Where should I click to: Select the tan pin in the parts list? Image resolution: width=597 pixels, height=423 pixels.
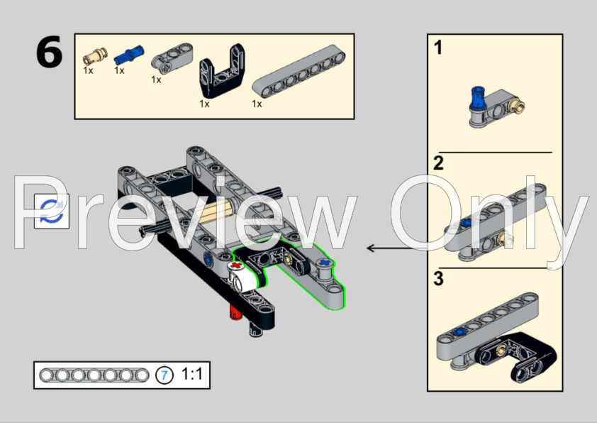click(94, 55)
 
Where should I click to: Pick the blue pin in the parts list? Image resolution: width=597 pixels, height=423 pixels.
click(128, 53)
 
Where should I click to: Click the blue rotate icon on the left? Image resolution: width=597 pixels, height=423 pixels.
click(52, 211)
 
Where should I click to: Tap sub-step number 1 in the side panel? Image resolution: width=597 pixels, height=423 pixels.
click(438, 48)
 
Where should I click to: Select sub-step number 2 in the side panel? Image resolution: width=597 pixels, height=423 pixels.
click(438, 163)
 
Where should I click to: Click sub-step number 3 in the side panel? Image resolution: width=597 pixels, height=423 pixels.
click(438, 279)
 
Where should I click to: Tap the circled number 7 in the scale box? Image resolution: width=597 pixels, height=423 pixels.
click(164, 375)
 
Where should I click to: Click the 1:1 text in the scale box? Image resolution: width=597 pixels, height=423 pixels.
click(192, 374)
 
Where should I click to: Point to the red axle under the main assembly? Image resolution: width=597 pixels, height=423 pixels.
click(232, 313)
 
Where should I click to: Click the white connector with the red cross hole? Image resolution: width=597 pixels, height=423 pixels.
click(242, 275)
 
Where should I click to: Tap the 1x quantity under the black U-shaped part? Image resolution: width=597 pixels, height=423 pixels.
click(204, 104)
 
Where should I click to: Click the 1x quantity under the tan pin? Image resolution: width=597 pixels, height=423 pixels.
click(88, 70)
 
